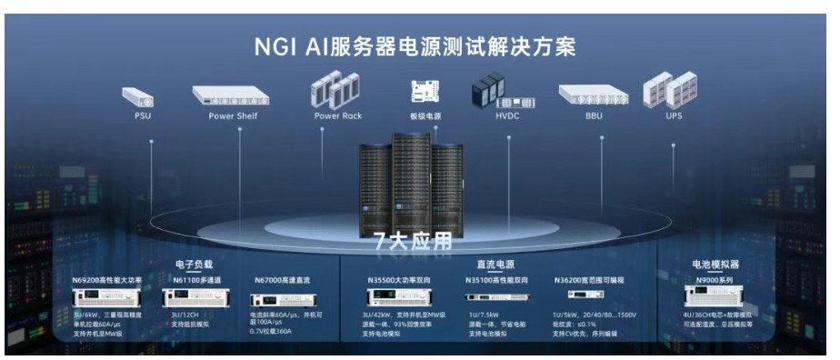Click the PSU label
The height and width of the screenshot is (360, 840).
tap(143, 116)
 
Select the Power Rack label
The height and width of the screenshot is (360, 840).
tap(337, 116)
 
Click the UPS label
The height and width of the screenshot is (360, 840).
tap(674, 116)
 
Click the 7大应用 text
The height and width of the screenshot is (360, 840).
tap(414, 242)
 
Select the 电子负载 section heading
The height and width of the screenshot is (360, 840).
tap(194, 265)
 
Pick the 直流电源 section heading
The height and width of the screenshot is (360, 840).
tap(495, 265)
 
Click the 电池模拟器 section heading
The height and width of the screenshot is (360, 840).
tap(716, 265)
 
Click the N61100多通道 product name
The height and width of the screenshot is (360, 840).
tap(197, 281)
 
